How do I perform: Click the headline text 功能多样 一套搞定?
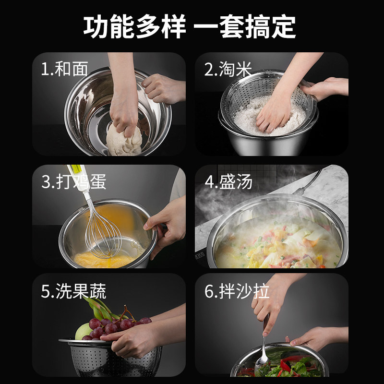(190, 27)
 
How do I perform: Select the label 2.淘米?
(228, 69)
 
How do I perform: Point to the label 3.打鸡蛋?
(73, 181)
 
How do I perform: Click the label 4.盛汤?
(228, 182)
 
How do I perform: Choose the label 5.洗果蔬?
(73, 291)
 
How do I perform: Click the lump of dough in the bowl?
(124, 140)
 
